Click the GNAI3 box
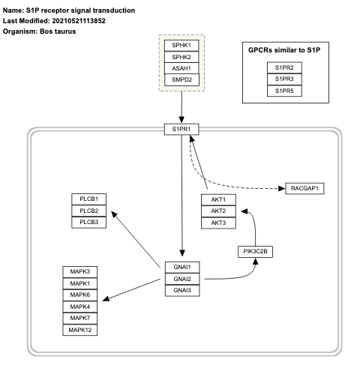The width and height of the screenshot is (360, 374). coord(184,289)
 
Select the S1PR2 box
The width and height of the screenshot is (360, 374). coord(284,68)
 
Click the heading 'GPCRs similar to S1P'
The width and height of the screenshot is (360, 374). coord(284,49)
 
